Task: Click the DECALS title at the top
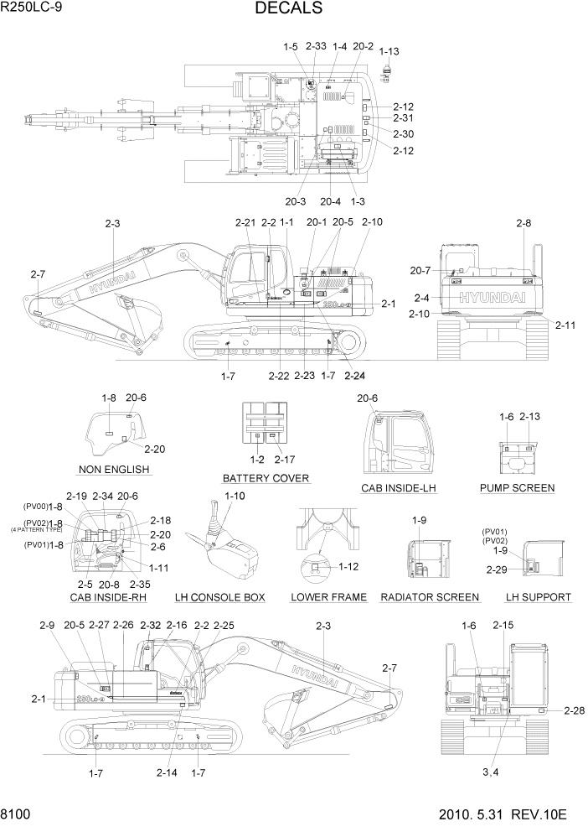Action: [288, 9]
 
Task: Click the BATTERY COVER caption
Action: [266, 478]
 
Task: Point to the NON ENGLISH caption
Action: [114, 470]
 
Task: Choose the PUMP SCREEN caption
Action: [517, 487]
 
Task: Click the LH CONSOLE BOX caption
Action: [220, 597]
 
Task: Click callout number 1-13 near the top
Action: [389, 51]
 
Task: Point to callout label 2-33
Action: [316, 46]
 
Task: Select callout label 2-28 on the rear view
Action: [574, 711]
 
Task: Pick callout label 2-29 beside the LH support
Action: [497, 569]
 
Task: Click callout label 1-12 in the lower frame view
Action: [349, 567]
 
